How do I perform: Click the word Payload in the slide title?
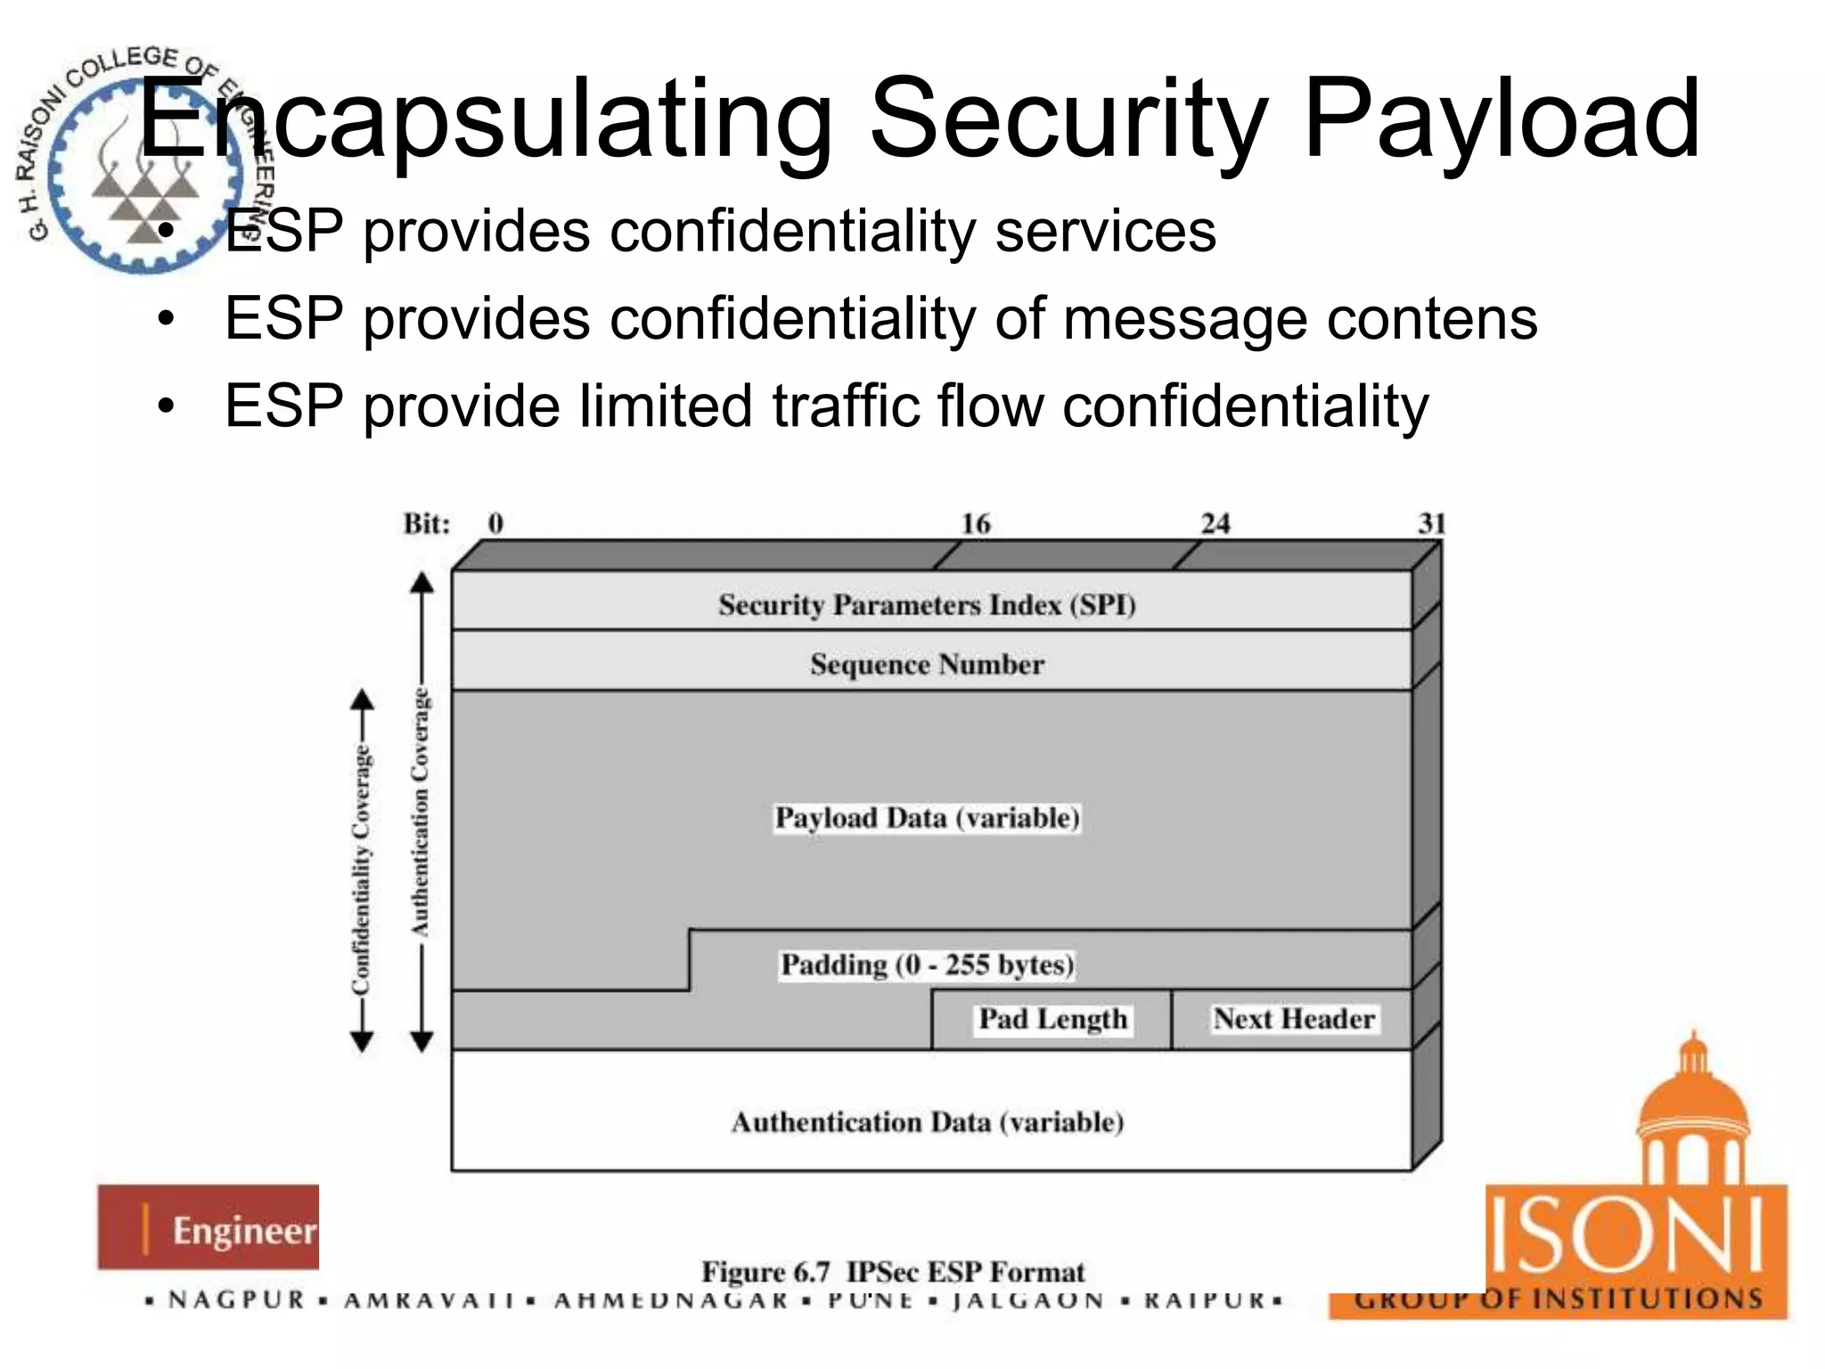coord(1502,120)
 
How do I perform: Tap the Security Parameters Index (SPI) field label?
coord(927,605)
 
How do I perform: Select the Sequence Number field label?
coord(927,665)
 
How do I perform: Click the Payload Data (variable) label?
coord(927,818)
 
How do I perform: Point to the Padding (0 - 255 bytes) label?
coord(927,965)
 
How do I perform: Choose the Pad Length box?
coord(1052,1019)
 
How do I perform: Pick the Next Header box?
coord(1293,1019)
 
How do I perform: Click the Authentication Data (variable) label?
coord(927,1122)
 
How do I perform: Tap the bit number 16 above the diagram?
coord(975,524)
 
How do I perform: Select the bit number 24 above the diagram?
coord(1215,524)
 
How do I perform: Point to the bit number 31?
coord(1431,524)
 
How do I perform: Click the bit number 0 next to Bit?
coord(495,524)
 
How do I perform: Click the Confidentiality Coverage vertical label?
coord(361,869)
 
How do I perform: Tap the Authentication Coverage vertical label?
coord(421,811)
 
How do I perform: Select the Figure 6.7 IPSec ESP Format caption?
coord(893,1272)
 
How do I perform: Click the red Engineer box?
coord(209,1227)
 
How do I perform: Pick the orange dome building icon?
coord(1692,1114)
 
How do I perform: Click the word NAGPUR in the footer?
coord(237,1300)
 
